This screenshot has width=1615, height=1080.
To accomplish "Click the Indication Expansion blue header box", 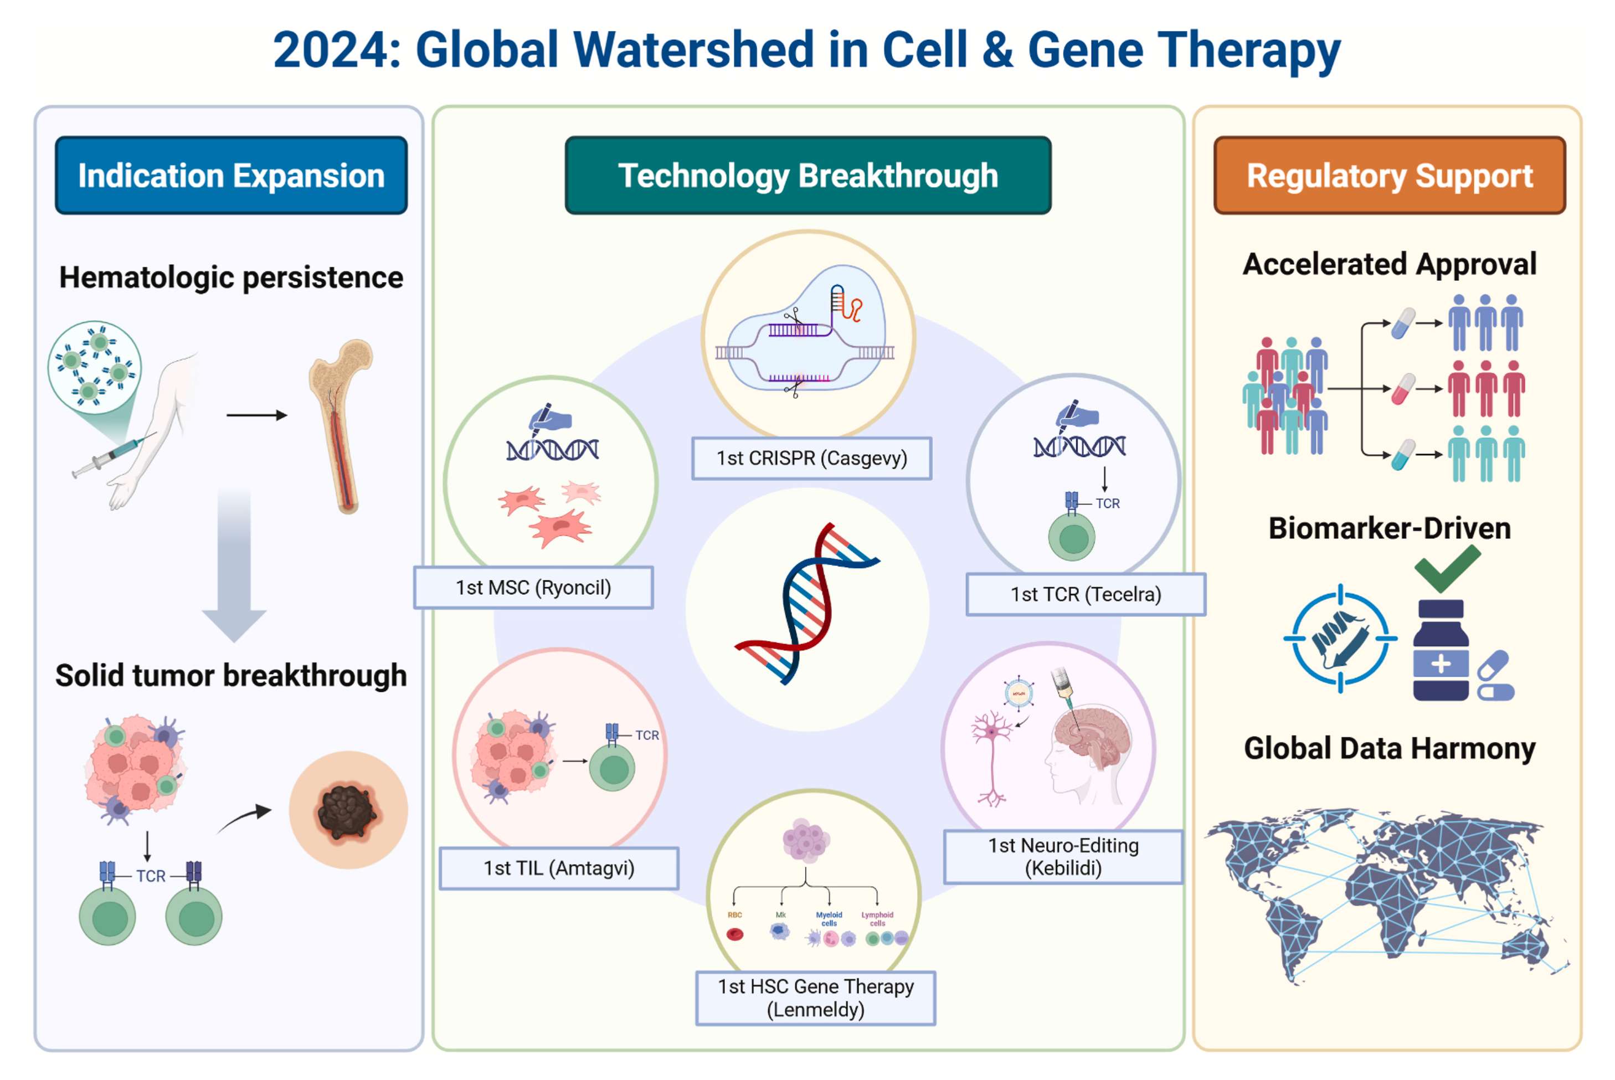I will (x=231, y=176).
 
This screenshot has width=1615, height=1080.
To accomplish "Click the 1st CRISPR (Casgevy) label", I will (x=811, y=458).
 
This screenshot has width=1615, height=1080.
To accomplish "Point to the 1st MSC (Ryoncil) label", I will (x=533, y=588).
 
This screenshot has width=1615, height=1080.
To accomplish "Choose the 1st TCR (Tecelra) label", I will (x=1086, y=594).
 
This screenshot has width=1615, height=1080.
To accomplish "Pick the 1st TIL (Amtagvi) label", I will (x=558, y=868).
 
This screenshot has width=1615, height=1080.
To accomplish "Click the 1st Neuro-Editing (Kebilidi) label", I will (x=1063, y=856).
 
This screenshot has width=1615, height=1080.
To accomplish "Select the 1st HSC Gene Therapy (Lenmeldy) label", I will (x=815, y=997).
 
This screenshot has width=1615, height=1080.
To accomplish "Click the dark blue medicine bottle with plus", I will (x=1440, y=651).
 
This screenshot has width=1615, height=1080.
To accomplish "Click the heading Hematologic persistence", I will (x=231, y=277).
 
